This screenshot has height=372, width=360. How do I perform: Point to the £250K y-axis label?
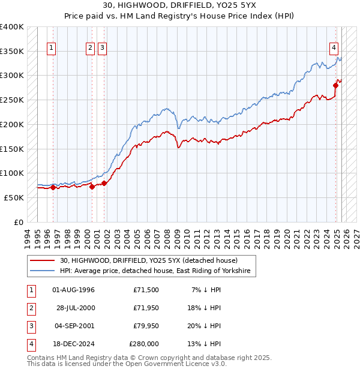coord(12,100)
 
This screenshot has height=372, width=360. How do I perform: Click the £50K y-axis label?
coord(14,197)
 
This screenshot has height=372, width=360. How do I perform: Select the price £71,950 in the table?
coord(146,308)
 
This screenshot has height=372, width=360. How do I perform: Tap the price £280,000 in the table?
coord(144,344)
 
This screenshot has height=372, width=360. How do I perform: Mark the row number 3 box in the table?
coord(30,326)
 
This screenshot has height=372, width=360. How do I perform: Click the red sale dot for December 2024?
coord(335,86)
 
